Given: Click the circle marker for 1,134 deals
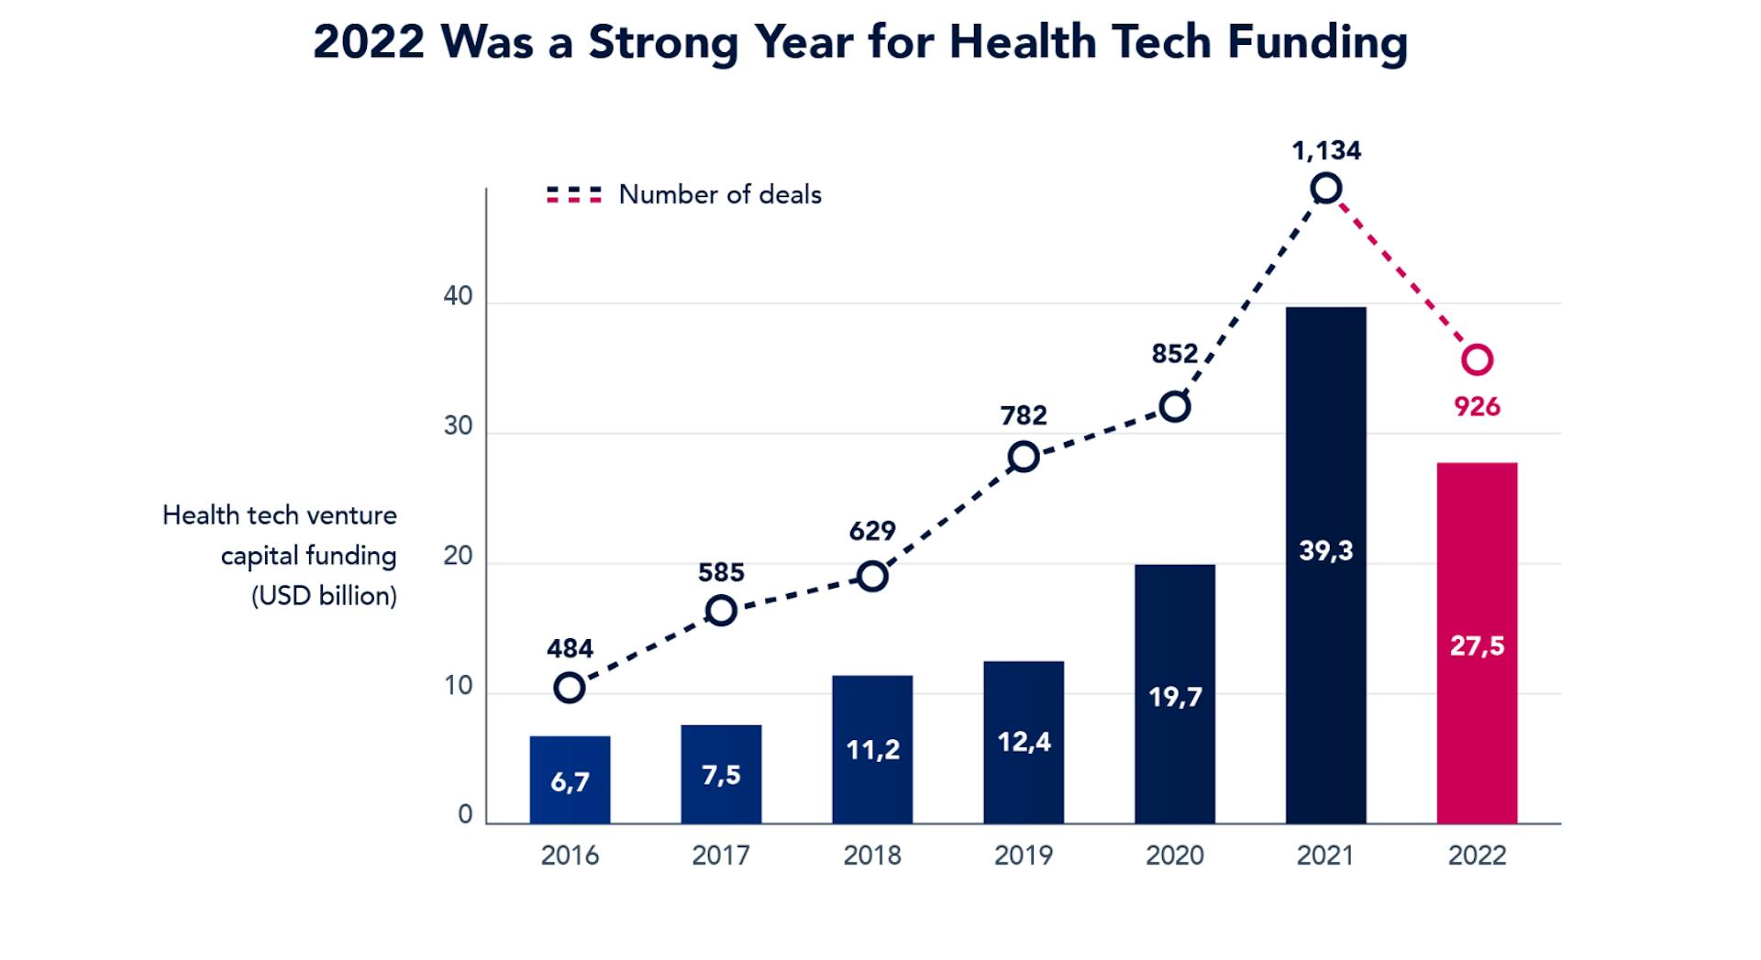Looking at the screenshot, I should [x=1325, y=189].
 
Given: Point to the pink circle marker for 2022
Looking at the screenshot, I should [x=1477, y=359].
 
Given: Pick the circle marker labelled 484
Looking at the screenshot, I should [x=570, y=688].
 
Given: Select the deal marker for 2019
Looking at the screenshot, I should [x=1024, y=457].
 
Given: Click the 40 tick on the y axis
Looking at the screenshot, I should [x=458, y=296].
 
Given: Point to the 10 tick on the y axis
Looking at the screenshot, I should [x=458, y=686].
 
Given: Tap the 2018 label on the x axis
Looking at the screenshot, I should [x=872, y=855].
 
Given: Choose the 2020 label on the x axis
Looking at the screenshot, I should [x=1175, y=855].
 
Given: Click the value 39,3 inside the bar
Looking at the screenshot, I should [x=1325, y=551].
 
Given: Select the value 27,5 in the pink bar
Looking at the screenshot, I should [x=1477, y=646].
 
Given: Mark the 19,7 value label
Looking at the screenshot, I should [x=1175, y=698].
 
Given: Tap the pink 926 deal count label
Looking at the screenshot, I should [x=1477, y=407].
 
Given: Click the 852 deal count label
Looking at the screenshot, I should [x=1175, y=354].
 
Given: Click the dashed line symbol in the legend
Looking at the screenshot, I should [x=574, y=194].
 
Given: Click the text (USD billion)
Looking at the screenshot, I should [x=324, y=596].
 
